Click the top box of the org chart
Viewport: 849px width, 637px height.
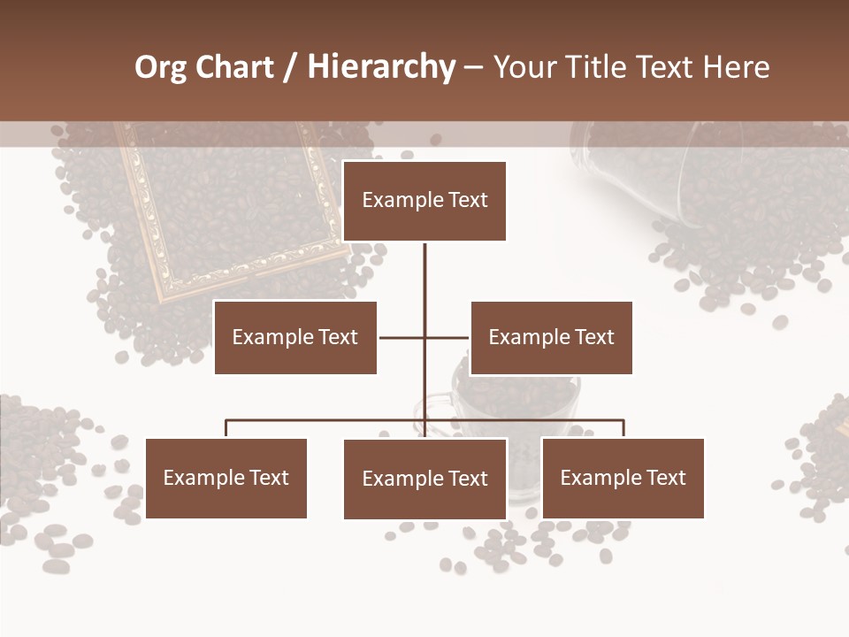(x=424, y=201)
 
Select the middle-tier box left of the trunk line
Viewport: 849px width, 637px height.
(x=295, y=337)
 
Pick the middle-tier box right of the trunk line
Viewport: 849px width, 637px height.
(x=551, y=337)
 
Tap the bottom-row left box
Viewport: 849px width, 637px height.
(x=226, y=478)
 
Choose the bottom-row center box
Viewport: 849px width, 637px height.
(x=424, y=479)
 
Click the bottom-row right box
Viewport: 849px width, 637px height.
(x=623, y=478)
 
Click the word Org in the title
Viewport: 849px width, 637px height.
(x=160, y=67)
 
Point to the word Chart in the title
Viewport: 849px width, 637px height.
(x=233, y=67)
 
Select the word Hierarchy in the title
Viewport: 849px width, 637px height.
(x=381, y=67)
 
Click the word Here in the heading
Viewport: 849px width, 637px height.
(x=736, y=67)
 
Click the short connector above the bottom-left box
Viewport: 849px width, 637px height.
(x=226, y=429)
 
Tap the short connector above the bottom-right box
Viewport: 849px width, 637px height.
(x=623, y=429)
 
